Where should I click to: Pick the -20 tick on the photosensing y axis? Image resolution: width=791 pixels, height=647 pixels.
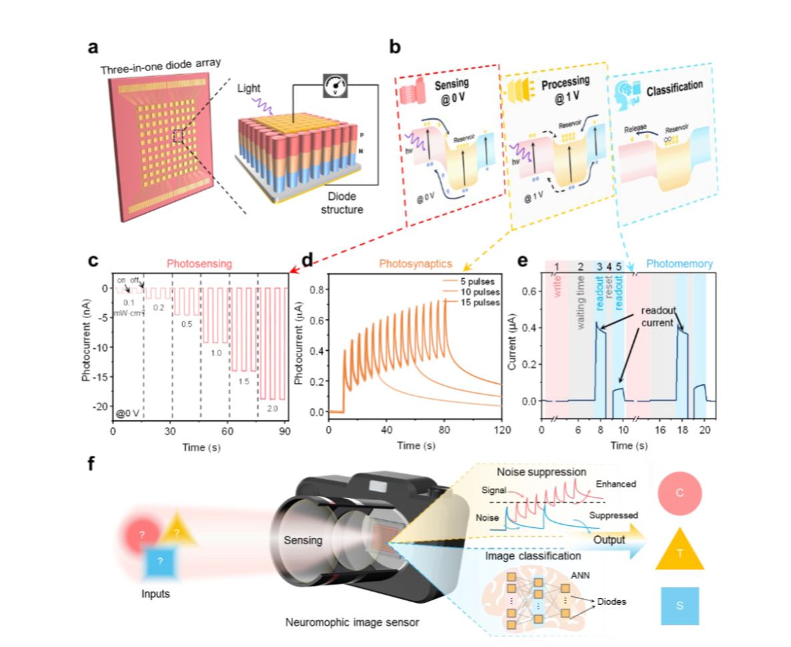coord(102,406)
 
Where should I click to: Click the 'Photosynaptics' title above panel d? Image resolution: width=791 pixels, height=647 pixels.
coord(412,263)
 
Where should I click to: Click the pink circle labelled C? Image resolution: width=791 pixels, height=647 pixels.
coord(679,493)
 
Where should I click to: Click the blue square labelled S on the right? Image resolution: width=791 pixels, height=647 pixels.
coord(679,606)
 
